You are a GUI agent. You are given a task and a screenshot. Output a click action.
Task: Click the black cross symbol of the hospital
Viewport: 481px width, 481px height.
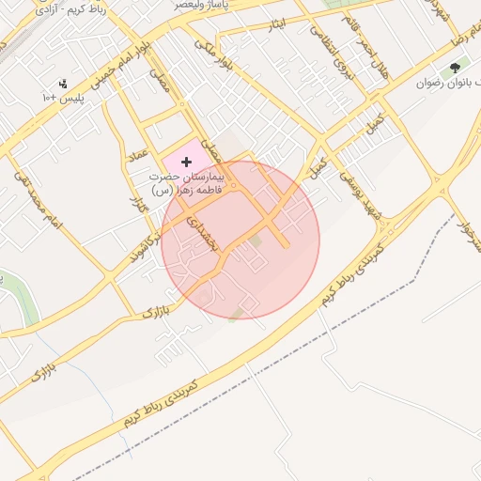[186, 163]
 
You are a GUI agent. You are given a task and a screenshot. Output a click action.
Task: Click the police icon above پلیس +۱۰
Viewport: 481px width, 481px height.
[63, 83]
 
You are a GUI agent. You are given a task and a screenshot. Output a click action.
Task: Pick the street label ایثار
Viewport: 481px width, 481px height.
[276, 23]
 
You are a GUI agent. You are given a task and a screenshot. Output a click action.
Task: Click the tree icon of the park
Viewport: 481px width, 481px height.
[456, 68]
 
